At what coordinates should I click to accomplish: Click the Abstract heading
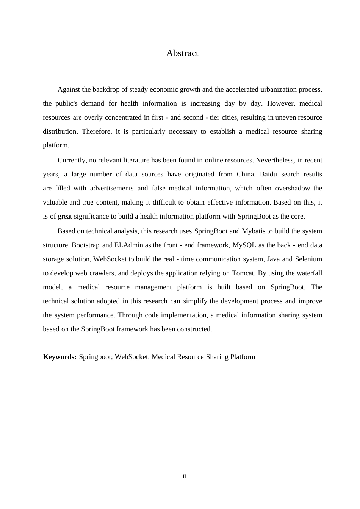[182, 53]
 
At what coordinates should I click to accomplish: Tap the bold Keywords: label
[60, 357]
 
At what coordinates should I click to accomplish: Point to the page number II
[185, 476]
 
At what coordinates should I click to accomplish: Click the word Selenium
[308, 259]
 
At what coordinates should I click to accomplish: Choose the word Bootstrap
[86, 245]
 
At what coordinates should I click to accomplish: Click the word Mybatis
[254, 231]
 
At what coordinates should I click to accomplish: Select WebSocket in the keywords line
[131, 357]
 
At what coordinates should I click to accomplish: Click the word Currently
[72, 160]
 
